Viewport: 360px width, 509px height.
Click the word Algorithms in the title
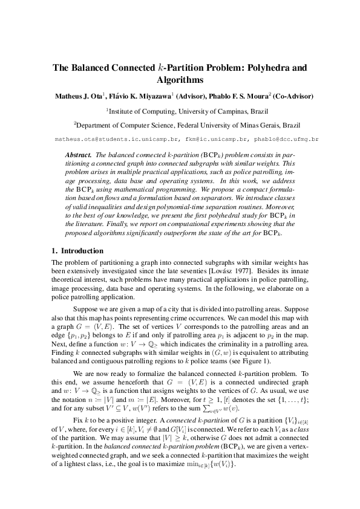180,80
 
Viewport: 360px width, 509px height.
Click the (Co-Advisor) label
293,96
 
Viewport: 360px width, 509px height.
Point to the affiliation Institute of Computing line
180,111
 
